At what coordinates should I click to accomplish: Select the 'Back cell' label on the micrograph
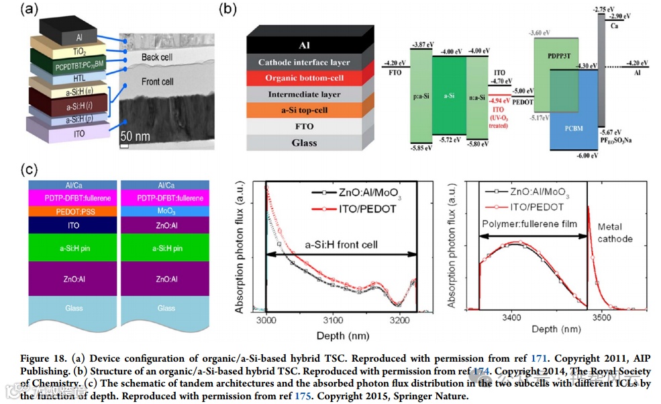156,57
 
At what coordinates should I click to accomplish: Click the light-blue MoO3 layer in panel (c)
166,211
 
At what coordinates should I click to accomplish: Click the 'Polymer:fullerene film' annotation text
530,224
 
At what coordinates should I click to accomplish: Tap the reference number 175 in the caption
303,397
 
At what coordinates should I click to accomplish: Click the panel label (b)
229,9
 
